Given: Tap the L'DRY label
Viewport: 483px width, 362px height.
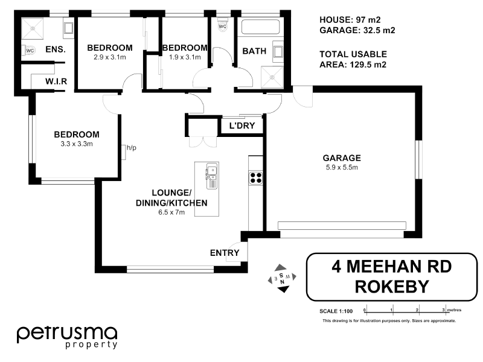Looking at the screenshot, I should [246, 126].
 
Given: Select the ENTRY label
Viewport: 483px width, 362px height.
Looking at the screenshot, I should [225, 253].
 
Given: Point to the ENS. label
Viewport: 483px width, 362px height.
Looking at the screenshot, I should [56, 49].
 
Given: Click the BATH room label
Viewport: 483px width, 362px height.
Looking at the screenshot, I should [254, 51].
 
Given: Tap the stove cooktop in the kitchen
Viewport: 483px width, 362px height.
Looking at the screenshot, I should [255, 177].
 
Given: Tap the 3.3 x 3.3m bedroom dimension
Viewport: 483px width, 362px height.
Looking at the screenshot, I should [76, 144].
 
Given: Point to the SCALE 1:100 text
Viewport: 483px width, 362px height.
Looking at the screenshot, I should [336, 311].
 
